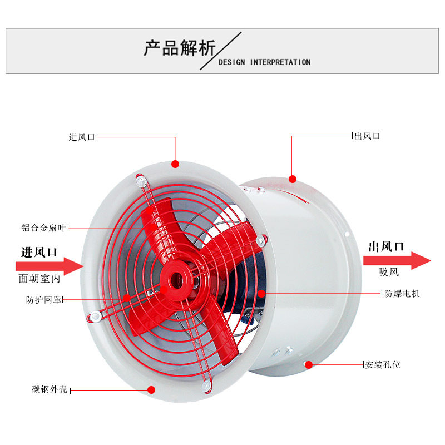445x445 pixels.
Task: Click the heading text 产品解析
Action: point(179,49)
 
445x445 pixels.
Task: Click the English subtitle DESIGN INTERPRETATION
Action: point(264,62)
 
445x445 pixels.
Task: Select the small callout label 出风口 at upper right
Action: point(367,136)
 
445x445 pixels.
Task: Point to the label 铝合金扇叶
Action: point(44,228)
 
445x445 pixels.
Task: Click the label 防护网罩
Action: point(44,300)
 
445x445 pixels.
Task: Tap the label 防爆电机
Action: point(402,293)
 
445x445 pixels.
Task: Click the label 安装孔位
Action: point(382,365)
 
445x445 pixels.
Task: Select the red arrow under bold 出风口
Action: point(397,260)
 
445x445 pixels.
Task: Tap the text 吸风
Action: point(389,273)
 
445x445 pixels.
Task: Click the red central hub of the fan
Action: point(175,276)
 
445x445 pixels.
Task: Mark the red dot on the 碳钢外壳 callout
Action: point(151,390)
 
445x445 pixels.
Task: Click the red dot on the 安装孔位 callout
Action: point(308,365)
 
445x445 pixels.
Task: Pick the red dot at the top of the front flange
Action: point(175,164)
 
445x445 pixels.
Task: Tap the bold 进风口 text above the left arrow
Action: point(39,252)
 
